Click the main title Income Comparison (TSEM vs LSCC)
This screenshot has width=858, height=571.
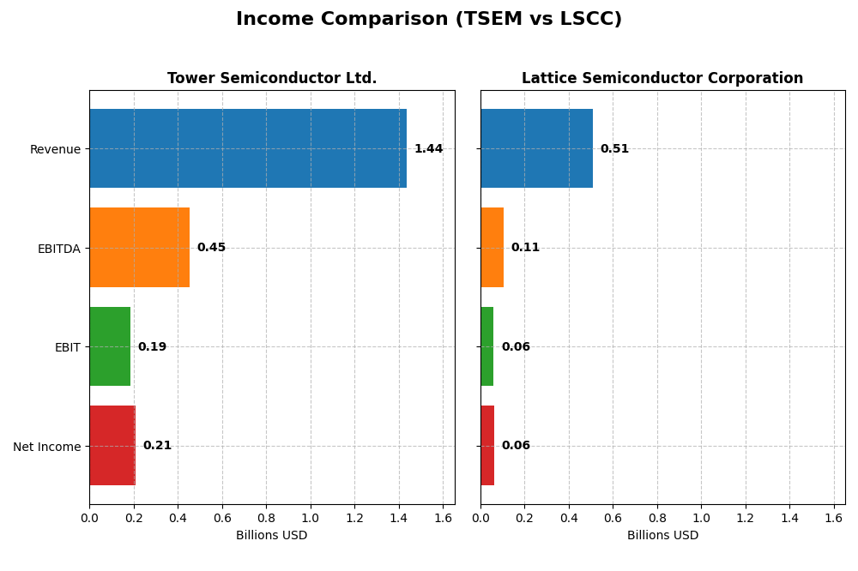click(428, 19)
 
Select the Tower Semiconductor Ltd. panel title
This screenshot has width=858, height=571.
click(272, 78)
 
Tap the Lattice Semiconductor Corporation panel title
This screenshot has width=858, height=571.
click(662, 78)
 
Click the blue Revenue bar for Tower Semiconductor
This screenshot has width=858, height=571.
click(248, 148)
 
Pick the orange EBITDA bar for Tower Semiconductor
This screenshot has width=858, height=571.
click(139, 247)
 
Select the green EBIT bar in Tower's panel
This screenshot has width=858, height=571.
click(110, 346)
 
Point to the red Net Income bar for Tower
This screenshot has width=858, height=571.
click(112, 445)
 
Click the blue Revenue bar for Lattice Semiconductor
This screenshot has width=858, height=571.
click(536, 148)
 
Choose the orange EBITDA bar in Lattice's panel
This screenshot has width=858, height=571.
click(492, 247)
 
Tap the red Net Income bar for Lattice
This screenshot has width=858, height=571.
click(487, 445)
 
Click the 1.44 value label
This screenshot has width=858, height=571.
click(428, 149)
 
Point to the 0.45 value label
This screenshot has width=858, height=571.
click(211, 248)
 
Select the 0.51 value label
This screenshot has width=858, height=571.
click(614, 149)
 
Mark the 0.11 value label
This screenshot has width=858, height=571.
click(525, 248)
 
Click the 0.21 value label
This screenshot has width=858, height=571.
click(157, 446)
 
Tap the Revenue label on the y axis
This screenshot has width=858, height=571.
click(55, 149)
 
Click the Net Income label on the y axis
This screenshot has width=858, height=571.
click(46, 447)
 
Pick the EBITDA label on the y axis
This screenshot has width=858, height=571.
click(58, 249)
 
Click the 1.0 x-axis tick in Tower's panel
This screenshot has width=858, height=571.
click(310, 518)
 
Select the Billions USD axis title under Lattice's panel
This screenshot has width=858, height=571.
click(662, 536)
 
